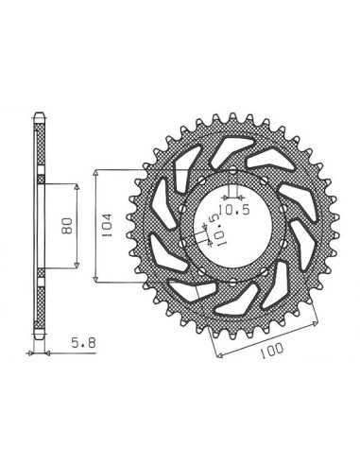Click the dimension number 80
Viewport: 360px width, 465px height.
tap(68, 226)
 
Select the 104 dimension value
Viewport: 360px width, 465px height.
tap(107, 225)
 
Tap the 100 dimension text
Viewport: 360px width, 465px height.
tap(271, 351)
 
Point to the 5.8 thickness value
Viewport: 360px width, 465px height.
tap(83, 342)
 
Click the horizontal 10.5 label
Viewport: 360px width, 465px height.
tap(234, 210)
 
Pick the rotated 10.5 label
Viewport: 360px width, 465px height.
tap(217, 230)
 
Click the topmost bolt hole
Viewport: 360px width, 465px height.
tap(232, 172)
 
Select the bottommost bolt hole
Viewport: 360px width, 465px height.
tap(232, 282)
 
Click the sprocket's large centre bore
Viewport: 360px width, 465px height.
tap(232, 227)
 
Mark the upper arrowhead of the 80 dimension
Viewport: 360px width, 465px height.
tap(77, 186)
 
